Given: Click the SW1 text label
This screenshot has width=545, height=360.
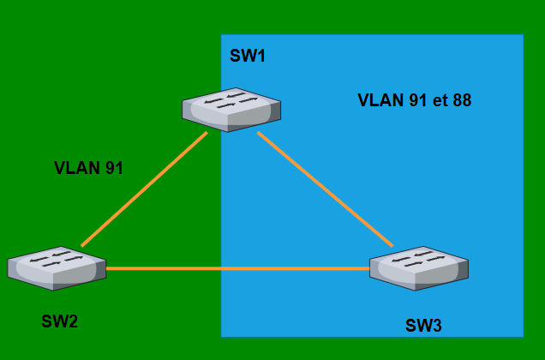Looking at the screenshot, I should [248, 57].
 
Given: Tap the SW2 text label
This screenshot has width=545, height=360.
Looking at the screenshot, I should [59, 321].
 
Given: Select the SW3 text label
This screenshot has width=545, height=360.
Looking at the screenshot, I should [423, 326].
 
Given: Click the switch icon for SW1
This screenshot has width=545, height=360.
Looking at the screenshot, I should [231, 109].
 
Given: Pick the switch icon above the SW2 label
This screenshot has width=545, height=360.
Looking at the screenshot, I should [57, 267].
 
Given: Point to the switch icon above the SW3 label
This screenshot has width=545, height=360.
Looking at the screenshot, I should [419, 267].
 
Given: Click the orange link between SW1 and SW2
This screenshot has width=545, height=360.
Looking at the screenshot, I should [144, 189].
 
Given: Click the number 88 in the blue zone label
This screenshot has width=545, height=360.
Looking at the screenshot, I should [462, 100].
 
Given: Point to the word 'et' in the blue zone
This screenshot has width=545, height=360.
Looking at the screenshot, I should [440, 100].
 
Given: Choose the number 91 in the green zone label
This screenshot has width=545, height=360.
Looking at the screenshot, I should [114, 168].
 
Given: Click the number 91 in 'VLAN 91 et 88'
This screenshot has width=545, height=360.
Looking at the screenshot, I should [417, 100].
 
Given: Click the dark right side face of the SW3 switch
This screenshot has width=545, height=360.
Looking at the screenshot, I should [462, 272].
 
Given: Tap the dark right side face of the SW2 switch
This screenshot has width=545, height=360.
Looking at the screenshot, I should [100, 271].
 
